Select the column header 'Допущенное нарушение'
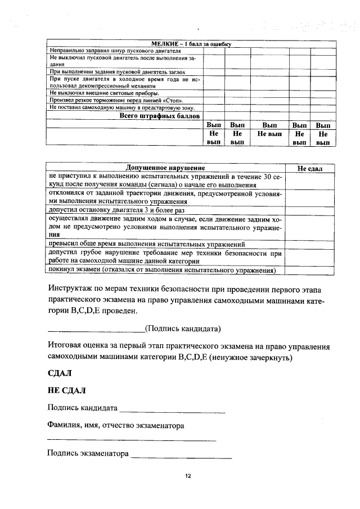165,168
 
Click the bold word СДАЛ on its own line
60,372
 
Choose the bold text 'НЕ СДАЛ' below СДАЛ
67,390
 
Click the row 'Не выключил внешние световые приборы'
105,92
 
